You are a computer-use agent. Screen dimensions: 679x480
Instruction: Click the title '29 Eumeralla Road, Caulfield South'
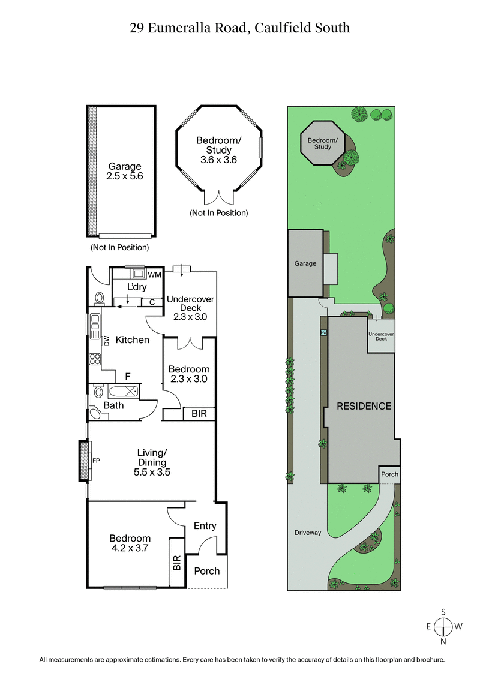pos(240,28)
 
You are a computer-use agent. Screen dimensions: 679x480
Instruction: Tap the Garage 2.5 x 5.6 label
pos(124,172)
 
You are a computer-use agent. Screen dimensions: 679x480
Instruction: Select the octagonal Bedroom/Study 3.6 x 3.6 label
pos(218,150)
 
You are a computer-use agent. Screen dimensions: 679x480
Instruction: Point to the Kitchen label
pos(132,340)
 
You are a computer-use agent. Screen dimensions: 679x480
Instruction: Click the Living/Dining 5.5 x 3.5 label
pos(152,462)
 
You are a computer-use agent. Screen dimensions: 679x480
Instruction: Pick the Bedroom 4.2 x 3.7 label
pos(130,543)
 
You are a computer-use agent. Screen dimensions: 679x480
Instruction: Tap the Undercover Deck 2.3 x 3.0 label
pos(190,308)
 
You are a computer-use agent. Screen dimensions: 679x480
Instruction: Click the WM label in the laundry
pos(155,275)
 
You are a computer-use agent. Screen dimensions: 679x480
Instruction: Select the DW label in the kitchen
pos(107,341)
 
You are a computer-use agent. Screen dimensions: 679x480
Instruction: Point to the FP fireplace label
pos(95,461)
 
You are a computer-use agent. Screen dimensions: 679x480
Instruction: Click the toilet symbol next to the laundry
pos(100,298)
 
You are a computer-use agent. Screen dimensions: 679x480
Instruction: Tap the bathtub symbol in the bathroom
pos(123,392)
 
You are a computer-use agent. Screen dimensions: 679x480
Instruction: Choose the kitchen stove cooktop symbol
pos(95,360)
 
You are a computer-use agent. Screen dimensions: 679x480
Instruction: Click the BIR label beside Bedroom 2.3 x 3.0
pos(197,413)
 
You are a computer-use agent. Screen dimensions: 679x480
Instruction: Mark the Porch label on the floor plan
pos(207,571)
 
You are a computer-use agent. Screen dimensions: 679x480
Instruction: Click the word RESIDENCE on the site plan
pos(364,406)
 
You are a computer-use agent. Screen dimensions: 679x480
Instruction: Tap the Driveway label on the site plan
pos(308,533)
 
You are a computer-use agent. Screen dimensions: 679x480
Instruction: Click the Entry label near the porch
pos(205,526)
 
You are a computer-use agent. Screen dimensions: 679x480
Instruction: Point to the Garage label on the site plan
pos(305,263)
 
